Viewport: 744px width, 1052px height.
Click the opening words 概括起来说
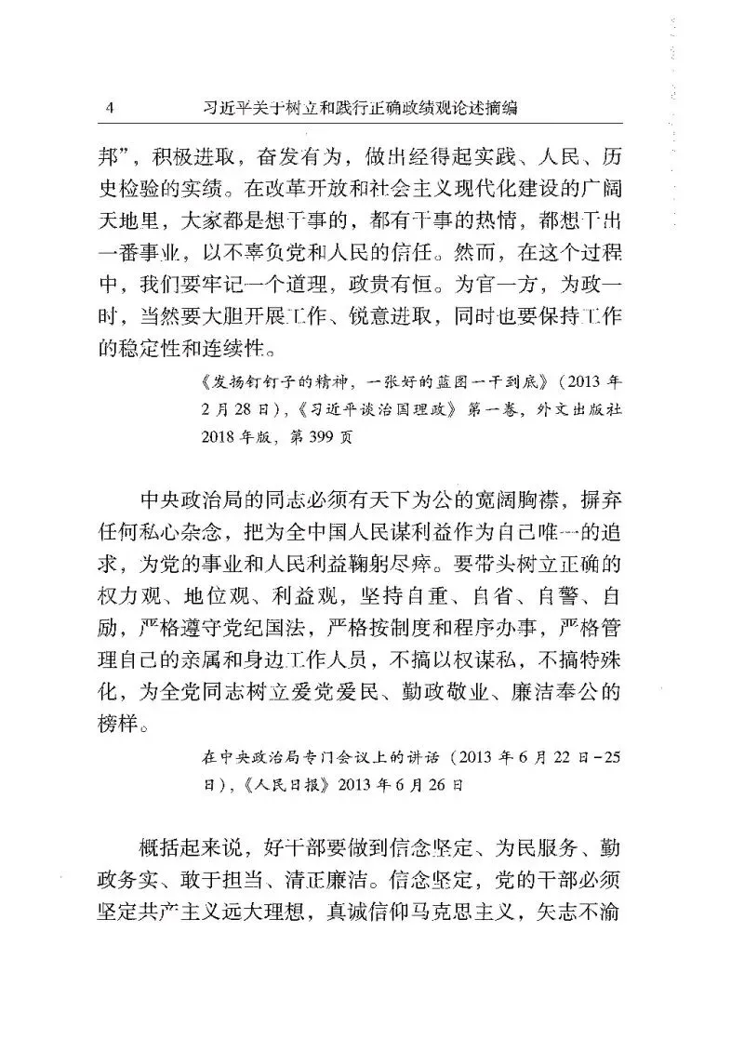point(185,851)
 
